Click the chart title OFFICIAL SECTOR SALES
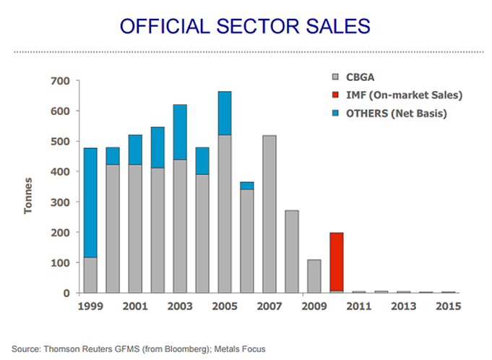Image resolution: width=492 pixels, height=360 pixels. (245, 26)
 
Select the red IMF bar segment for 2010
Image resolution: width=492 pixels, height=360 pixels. (337, 262)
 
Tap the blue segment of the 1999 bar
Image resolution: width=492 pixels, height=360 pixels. (90, 202)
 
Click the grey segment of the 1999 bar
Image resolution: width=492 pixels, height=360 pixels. (90, 275)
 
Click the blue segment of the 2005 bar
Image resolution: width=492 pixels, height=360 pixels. (225, 113)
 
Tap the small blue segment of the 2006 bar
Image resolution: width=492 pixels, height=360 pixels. (247, 186)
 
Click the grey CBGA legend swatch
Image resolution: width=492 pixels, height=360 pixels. (335, 77)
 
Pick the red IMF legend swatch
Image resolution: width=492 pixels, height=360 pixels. (335, 95)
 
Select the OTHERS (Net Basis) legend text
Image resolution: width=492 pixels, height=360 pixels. (396, 113)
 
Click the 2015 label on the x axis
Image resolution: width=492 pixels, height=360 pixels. (448, 307)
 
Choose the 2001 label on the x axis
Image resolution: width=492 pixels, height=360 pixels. (135, 307)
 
